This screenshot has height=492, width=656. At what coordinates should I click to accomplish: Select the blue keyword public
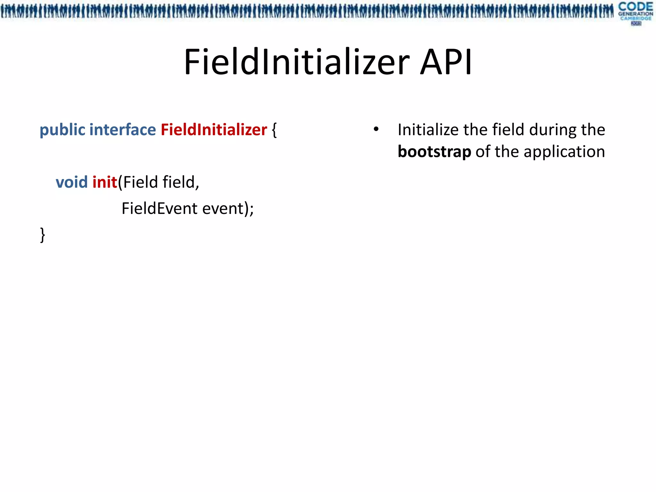[62, 130]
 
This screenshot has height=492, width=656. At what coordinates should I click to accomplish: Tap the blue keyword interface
[123, 130]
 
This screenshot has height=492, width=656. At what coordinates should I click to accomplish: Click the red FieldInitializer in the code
[214, 130]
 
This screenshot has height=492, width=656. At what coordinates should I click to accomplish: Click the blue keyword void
[72, 182]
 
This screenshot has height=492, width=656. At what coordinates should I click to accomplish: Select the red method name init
[105, 182]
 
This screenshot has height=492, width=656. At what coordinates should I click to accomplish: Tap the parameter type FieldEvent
[160, 209]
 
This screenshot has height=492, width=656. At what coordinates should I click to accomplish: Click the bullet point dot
[376, 129]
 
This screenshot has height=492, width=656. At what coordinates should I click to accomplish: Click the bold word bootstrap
[434, 152]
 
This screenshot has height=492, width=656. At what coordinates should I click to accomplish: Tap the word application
[564, 152]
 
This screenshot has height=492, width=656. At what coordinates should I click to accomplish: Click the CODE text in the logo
[635, 6]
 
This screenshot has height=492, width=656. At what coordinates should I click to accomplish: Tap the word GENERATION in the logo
[635, 14]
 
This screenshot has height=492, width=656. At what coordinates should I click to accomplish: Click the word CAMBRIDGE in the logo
[635, 18]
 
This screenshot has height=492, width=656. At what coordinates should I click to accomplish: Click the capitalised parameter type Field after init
[141, 182]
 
